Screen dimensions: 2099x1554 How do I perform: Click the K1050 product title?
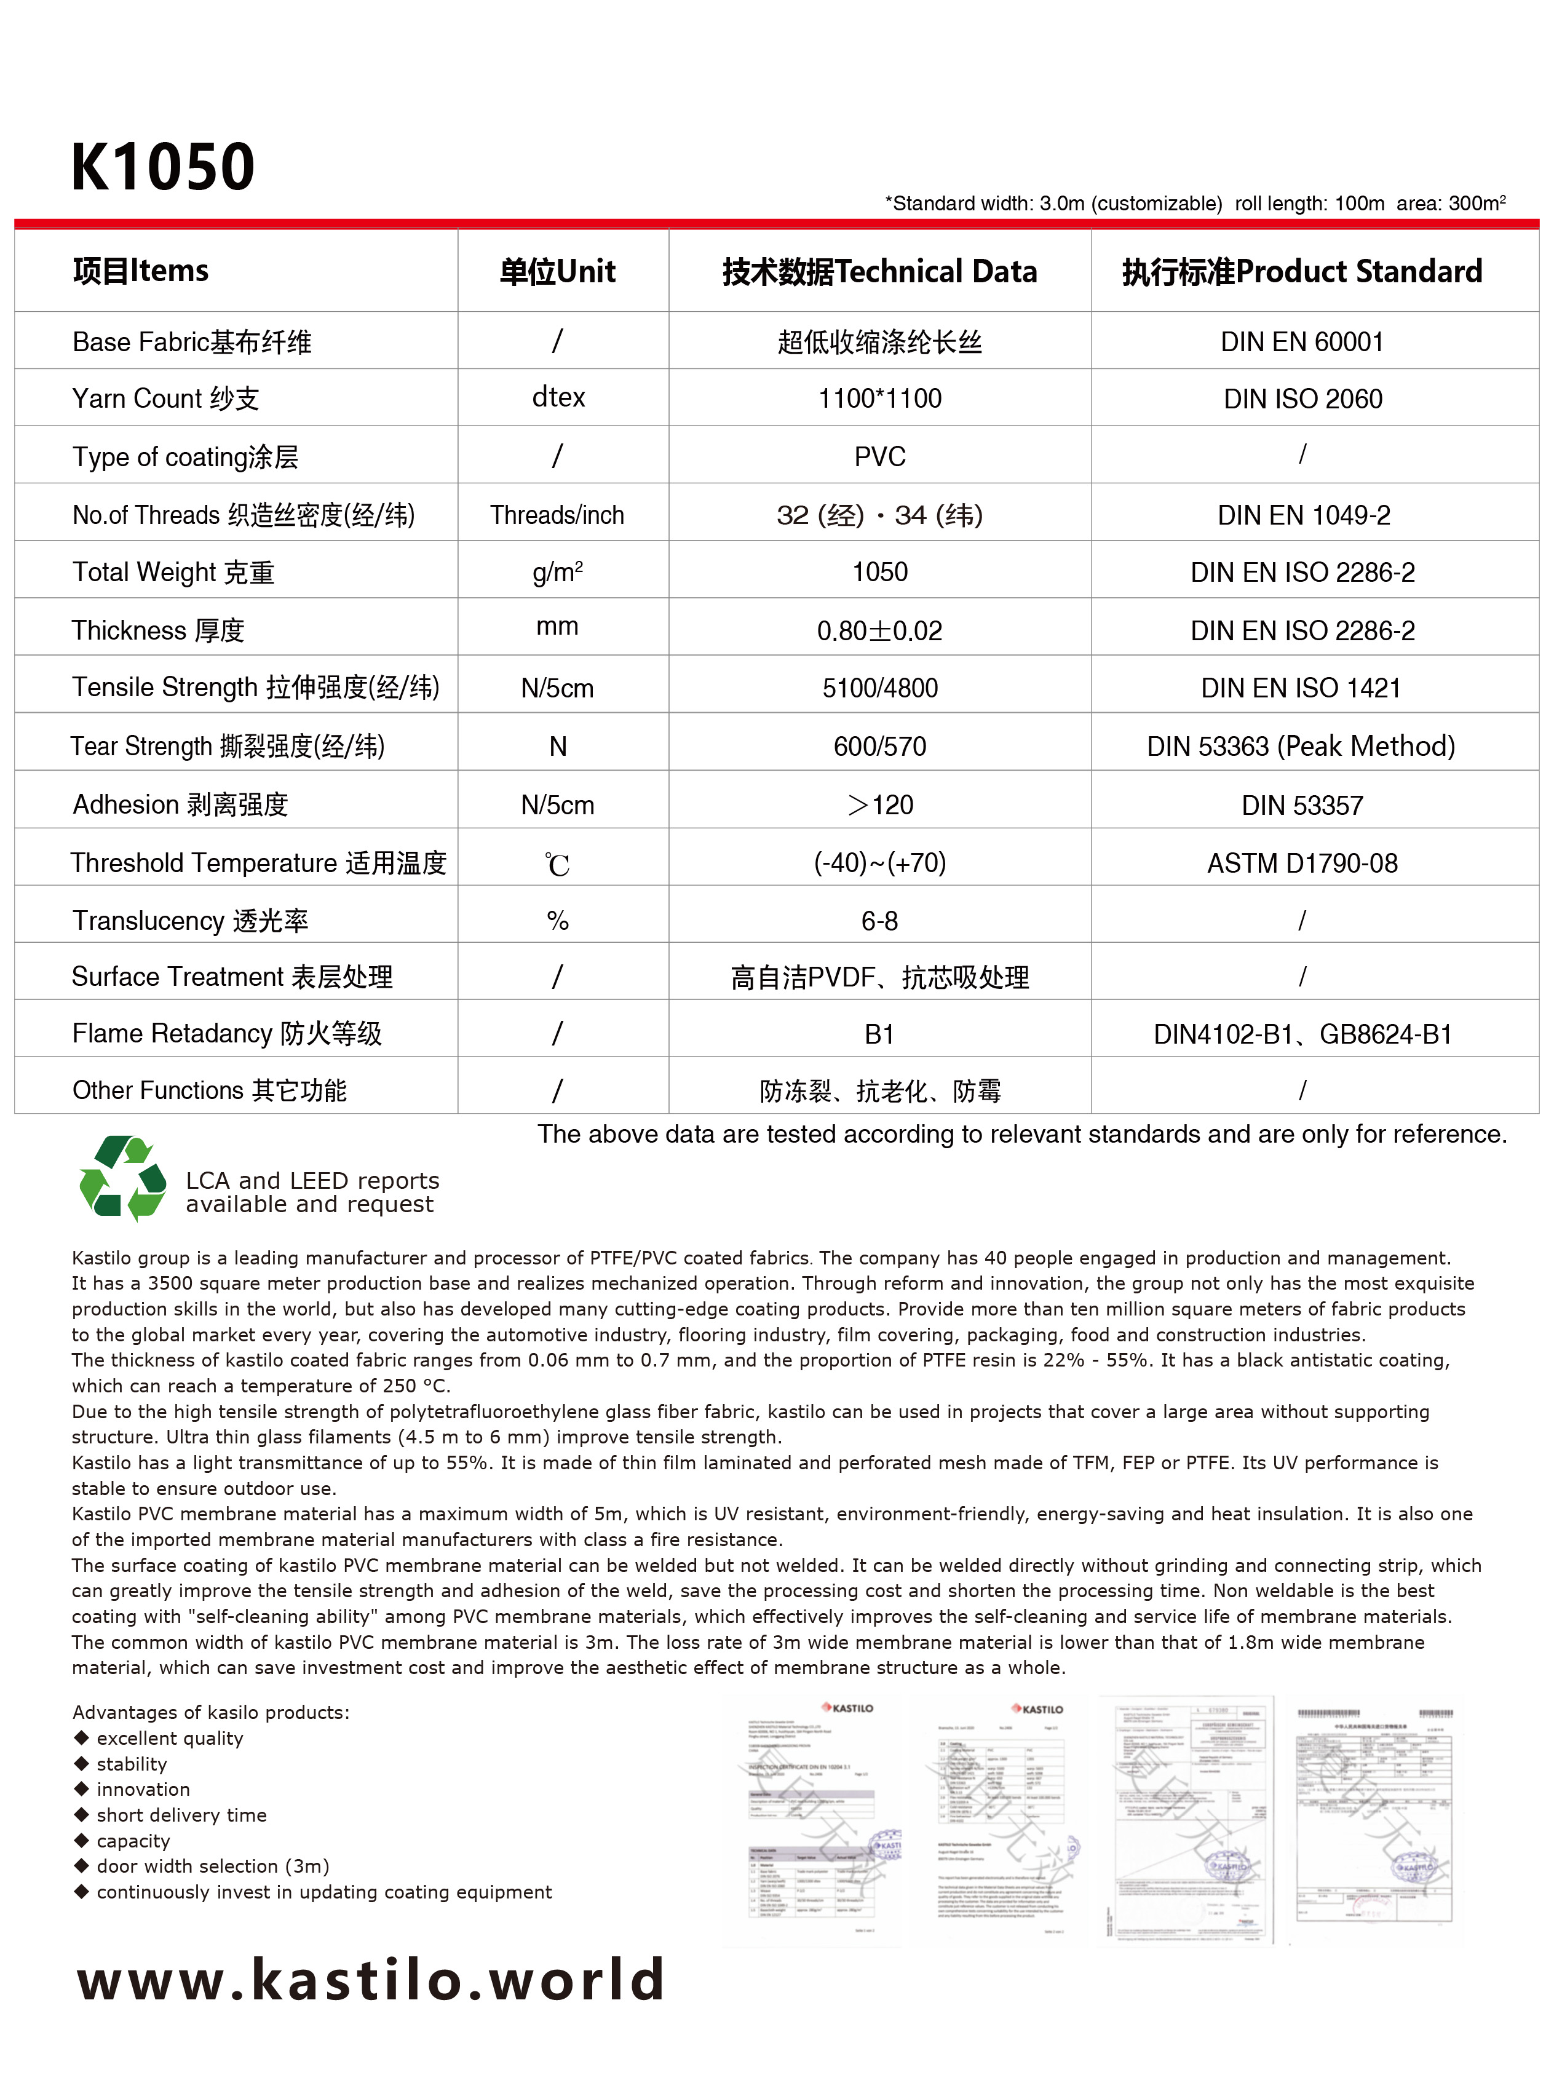[163, 167]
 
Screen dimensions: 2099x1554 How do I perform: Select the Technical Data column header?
[879, 272]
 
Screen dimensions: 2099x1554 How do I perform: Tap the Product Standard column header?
[1302, 272]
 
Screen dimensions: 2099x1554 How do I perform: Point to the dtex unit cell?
[558, 398]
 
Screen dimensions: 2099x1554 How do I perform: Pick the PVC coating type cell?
[879, 457]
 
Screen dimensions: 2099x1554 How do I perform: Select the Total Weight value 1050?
[879, 572]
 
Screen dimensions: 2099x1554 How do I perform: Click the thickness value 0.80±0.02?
[879, 630]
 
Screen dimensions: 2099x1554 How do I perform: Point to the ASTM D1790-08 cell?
[1302, 863]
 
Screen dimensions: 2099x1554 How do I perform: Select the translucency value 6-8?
[879, 921]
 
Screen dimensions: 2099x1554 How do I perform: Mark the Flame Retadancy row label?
[227, 1034]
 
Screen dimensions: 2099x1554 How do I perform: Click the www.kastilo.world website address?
[371, 1978]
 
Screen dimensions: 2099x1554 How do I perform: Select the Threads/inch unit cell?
[557, 515]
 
